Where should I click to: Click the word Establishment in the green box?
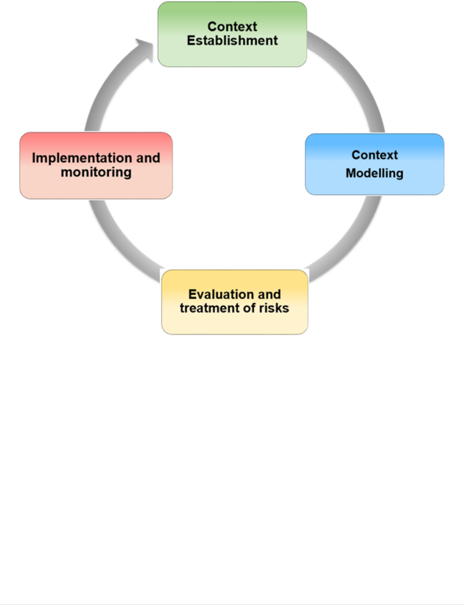[232, 41]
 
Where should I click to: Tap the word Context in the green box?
[232, 27]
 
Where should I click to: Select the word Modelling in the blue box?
[374, 173]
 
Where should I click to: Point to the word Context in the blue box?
[374, 155]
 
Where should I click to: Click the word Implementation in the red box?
[82, 158]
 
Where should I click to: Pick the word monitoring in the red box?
[96, 173]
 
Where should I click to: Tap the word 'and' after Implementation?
[148, 158]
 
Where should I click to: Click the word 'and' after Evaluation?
[269, 294]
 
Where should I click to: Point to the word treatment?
[210, 308]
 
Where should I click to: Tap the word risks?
[274, 308]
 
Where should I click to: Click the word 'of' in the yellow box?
[250, 308]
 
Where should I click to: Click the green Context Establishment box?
[232, 56]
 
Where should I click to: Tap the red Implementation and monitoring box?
[96, 188]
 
